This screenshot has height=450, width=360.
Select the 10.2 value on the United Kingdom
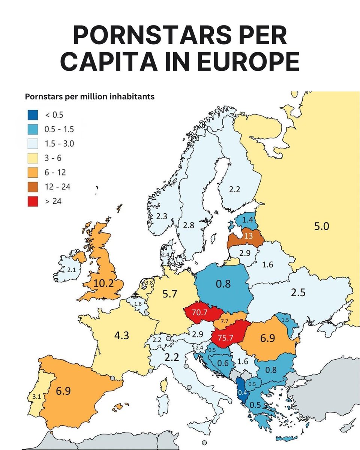click(99, 283)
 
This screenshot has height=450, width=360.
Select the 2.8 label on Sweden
click(189, 225)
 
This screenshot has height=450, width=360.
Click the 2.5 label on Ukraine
click(298, 292)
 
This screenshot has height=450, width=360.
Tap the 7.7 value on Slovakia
click(225, 321)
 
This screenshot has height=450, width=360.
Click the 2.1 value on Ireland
click(71, 270)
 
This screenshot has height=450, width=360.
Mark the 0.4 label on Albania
click(243, 393)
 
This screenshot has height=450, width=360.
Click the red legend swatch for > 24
click(33, 201)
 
